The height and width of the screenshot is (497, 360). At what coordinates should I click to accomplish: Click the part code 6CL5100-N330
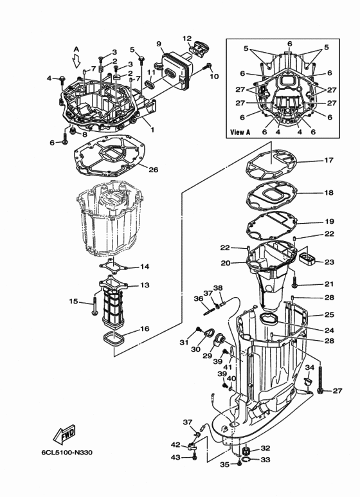tap(70, 453)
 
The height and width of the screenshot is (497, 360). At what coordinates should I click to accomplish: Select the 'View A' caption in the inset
tap(240, 132)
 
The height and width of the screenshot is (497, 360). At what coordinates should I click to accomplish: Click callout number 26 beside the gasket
tap(152, 170)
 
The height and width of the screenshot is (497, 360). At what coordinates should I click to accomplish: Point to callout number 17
tap(328, 161)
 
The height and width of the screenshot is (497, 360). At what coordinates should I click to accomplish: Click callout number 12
tap(187, 38)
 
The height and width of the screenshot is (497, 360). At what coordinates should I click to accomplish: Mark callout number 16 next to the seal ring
tap(144, 329)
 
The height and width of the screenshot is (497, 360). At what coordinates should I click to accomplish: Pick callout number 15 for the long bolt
tap(74, 301)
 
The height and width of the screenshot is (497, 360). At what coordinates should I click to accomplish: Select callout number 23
tap(329, 262)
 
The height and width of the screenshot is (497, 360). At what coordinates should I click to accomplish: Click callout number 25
tap(329, 314)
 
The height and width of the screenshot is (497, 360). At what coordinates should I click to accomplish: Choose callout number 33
tap(265, 460)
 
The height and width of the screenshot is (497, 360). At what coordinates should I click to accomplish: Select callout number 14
tap(144, 266)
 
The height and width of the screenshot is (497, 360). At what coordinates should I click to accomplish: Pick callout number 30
tap(195, 349)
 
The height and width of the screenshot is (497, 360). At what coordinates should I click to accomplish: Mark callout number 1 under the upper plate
tap(152, 130)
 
